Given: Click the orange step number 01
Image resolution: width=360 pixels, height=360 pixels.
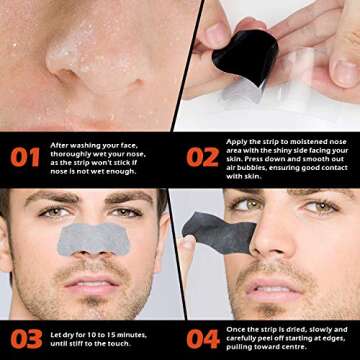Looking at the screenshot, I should [x=26, y=156].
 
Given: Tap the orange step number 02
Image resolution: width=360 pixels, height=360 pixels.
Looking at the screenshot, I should [x=201, y=156].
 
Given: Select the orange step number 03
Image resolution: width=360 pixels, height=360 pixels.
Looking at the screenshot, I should [x=26, y=336].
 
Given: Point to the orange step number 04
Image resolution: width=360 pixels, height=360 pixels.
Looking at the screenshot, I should [x=201, y=336].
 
